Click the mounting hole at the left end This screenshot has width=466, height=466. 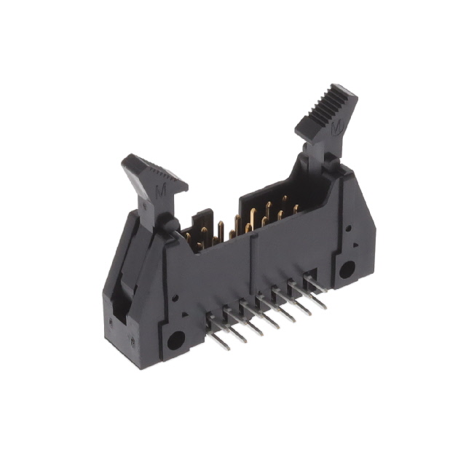tap(175, 340)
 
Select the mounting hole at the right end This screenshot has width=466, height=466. tap(347, 269)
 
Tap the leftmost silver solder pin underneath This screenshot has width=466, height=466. tap(217, 339)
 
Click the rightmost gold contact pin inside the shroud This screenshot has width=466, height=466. tap(297, 209)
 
